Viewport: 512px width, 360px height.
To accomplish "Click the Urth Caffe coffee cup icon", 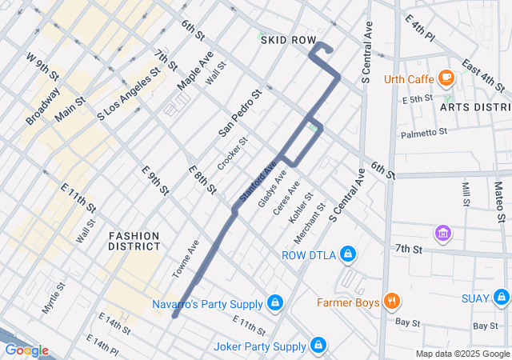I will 446,78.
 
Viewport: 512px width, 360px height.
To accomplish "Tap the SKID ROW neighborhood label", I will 288,39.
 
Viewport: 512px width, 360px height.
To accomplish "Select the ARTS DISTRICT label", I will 475,107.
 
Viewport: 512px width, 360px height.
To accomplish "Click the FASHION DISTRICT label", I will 134,241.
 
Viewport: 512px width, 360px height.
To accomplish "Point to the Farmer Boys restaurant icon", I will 391,302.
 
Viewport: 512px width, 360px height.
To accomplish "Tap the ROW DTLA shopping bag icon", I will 347,256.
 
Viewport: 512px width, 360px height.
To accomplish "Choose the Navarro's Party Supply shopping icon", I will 275,304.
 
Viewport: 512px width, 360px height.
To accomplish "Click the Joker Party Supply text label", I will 260,346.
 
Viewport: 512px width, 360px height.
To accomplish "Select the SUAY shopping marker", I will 502,298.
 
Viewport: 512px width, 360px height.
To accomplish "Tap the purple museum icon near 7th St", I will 442,234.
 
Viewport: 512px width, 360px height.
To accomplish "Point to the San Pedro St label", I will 241,112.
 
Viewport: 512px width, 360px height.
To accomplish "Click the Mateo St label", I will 498,201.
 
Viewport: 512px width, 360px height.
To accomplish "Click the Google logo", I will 26,350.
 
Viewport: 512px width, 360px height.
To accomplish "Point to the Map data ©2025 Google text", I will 462,354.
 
